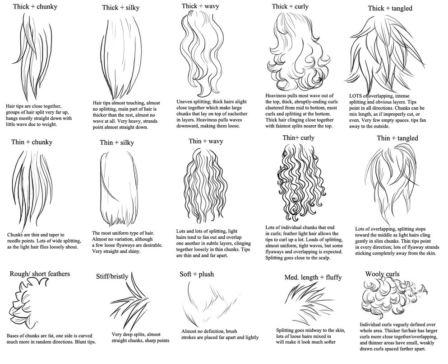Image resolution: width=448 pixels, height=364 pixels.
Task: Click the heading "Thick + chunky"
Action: point(35,7)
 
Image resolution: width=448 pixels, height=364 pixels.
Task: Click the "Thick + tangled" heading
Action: point(390,8)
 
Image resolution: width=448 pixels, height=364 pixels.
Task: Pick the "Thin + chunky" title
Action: point(32,142)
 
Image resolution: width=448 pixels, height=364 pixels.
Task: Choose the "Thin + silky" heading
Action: point(119,143)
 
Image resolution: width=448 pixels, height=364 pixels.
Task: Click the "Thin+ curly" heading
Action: point(299,137)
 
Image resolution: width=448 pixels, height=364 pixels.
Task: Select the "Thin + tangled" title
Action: point(397,138)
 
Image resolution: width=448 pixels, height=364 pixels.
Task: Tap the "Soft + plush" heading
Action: point(197,274)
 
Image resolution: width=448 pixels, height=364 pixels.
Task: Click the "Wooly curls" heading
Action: point(383,274)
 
